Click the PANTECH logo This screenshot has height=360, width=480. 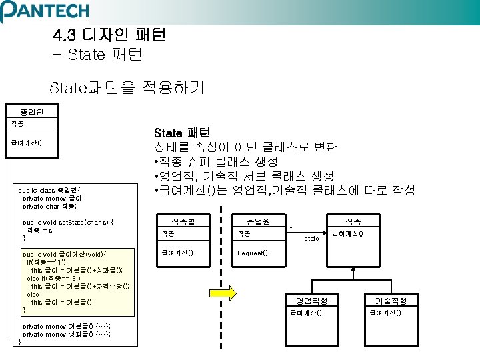pos(45,11)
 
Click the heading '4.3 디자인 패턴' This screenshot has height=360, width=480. pos(109,34)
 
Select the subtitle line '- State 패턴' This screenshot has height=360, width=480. pos(96,54)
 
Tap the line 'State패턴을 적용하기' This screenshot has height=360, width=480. pos(127,87)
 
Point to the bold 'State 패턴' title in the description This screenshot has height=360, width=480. pos(181,132)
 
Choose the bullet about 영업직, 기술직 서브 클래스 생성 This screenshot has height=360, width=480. pos(244,176)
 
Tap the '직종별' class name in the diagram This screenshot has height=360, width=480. pos(182,221)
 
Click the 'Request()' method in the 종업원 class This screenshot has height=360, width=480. pos(253,253)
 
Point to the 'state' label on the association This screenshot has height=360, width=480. pos(311,238)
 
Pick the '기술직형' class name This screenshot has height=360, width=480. pos(392,301)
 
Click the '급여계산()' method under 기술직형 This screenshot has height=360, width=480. pos(386,313)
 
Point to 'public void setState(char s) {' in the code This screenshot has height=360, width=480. pos(67,223)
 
